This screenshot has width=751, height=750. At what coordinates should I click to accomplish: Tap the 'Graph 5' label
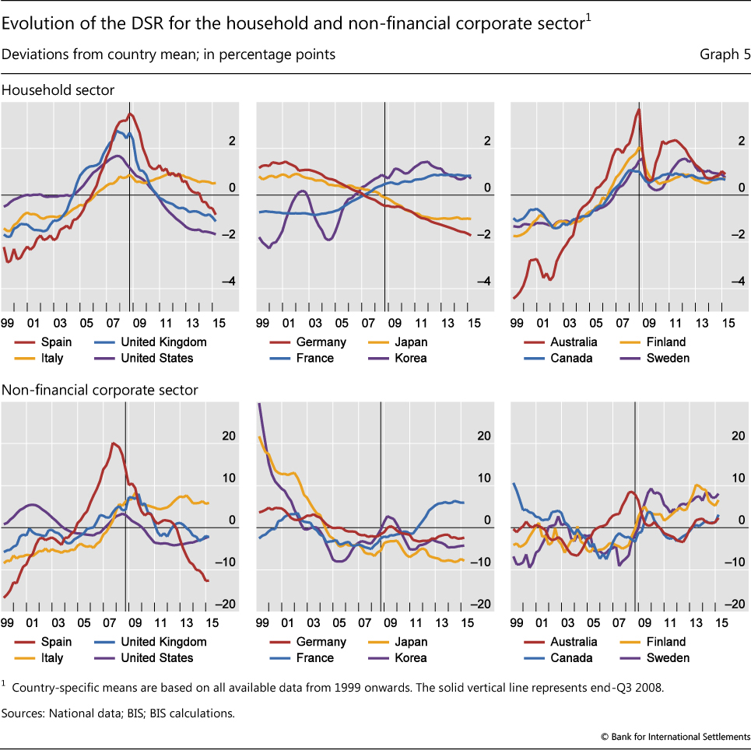(x=725, y=55)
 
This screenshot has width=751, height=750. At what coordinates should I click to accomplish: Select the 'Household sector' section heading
(x=58, y=90)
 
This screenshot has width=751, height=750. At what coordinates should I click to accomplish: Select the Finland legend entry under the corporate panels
(x=665, y=642)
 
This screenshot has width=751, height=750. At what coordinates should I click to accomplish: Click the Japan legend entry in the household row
(x=411, y=342)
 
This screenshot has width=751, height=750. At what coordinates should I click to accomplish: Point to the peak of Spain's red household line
(x=129, y=114)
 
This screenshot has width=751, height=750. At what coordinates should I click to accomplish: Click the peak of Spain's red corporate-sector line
(x=114, y=443)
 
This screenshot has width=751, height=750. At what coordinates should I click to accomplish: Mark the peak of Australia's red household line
(x=638, y=109)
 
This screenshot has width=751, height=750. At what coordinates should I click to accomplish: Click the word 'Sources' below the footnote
(x=24, y=712)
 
